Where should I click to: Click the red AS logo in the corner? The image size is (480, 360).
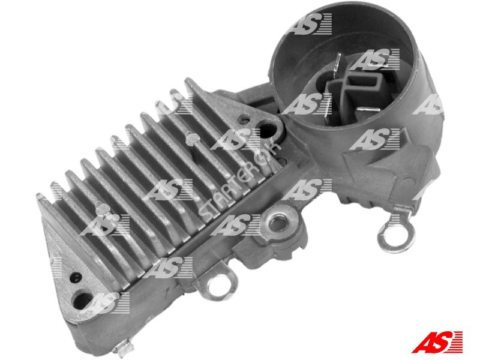pos(437,341)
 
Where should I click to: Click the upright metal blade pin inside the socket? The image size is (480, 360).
pos(338,65)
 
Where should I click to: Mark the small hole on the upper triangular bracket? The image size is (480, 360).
pos(244,118)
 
